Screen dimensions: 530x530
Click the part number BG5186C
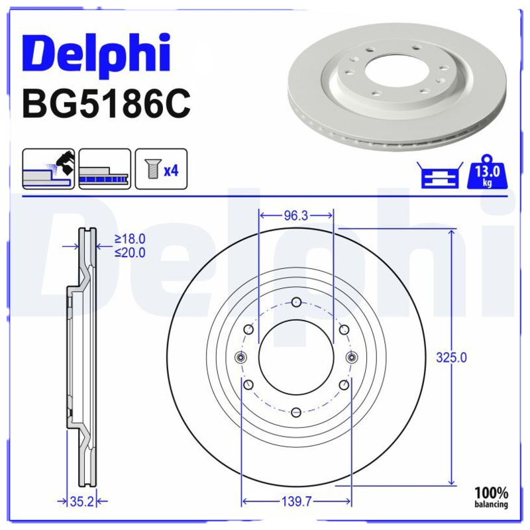[x=106, y=104]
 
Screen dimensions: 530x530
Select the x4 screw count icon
[x=161, y=169]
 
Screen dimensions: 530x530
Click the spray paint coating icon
[x=48, y=169]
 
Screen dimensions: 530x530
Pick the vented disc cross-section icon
[x=105, y=169]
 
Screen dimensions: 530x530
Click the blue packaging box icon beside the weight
[x=440, y=175]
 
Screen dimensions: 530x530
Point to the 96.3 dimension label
[x=295, y=216]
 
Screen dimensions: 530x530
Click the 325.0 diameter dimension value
[x=451, y=357]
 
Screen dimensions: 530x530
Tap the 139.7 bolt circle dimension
[x=296, y=502]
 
